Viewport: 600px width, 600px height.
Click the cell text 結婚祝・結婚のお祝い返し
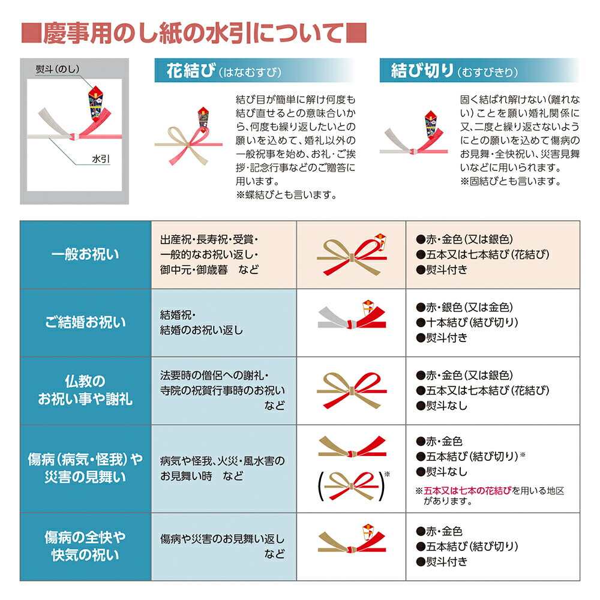click(202, 323)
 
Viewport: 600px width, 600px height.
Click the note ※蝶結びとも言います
click(286, 194)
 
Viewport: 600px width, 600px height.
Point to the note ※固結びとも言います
click(510, 181)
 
